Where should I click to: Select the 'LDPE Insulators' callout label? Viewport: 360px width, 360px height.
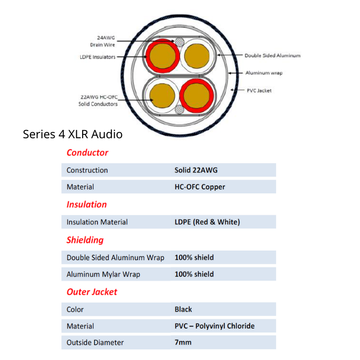(97, 57)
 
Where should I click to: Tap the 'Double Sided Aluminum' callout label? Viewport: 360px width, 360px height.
(272, 56)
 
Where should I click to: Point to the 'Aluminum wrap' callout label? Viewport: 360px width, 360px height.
(264, 73)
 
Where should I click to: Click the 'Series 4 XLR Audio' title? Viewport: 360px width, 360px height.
(72, 134)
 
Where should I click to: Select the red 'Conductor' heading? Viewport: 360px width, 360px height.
(87, 153)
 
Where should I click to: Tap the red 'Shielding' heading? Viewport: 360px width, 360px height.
(85, 240)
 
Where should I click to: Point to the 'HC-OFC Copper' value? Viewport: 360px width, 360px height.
(200, 187)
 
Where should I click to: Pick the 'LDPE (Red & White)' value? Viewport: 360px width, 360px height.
(207, 222)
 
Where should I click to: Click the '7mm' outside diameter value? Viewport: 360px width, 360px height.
(183, 342)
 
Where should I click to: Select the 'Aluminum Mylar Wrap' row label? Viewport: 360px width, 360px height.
(103, 274)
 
